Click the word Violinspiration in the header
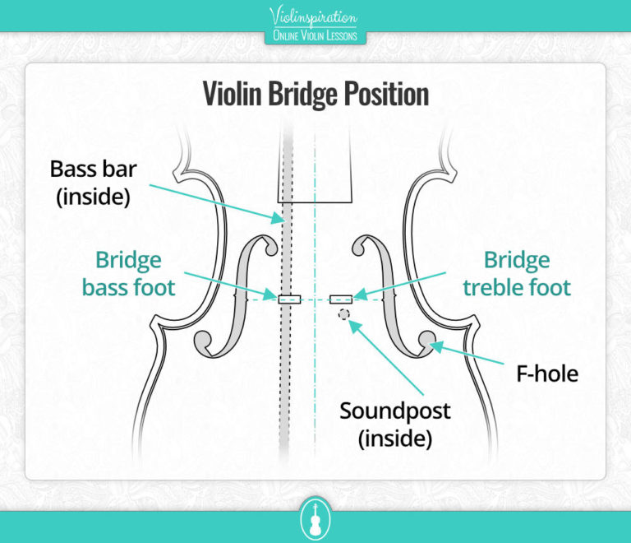point(315,16)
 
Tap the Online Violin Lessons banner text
point(315,35)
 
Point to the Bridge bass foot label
point(129,274)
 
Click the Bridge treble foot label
point(517,274)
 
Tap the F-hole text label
point(547,374)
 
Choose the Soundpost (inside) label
point(394,424)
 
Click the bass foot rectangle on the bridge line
point(290,299)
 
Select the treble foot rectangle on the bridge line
point(341,299)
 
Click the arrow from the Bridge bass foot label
point(230,285)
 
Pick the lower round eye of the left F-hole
point(205,339)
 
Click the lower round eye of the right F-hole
point(426,338)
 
